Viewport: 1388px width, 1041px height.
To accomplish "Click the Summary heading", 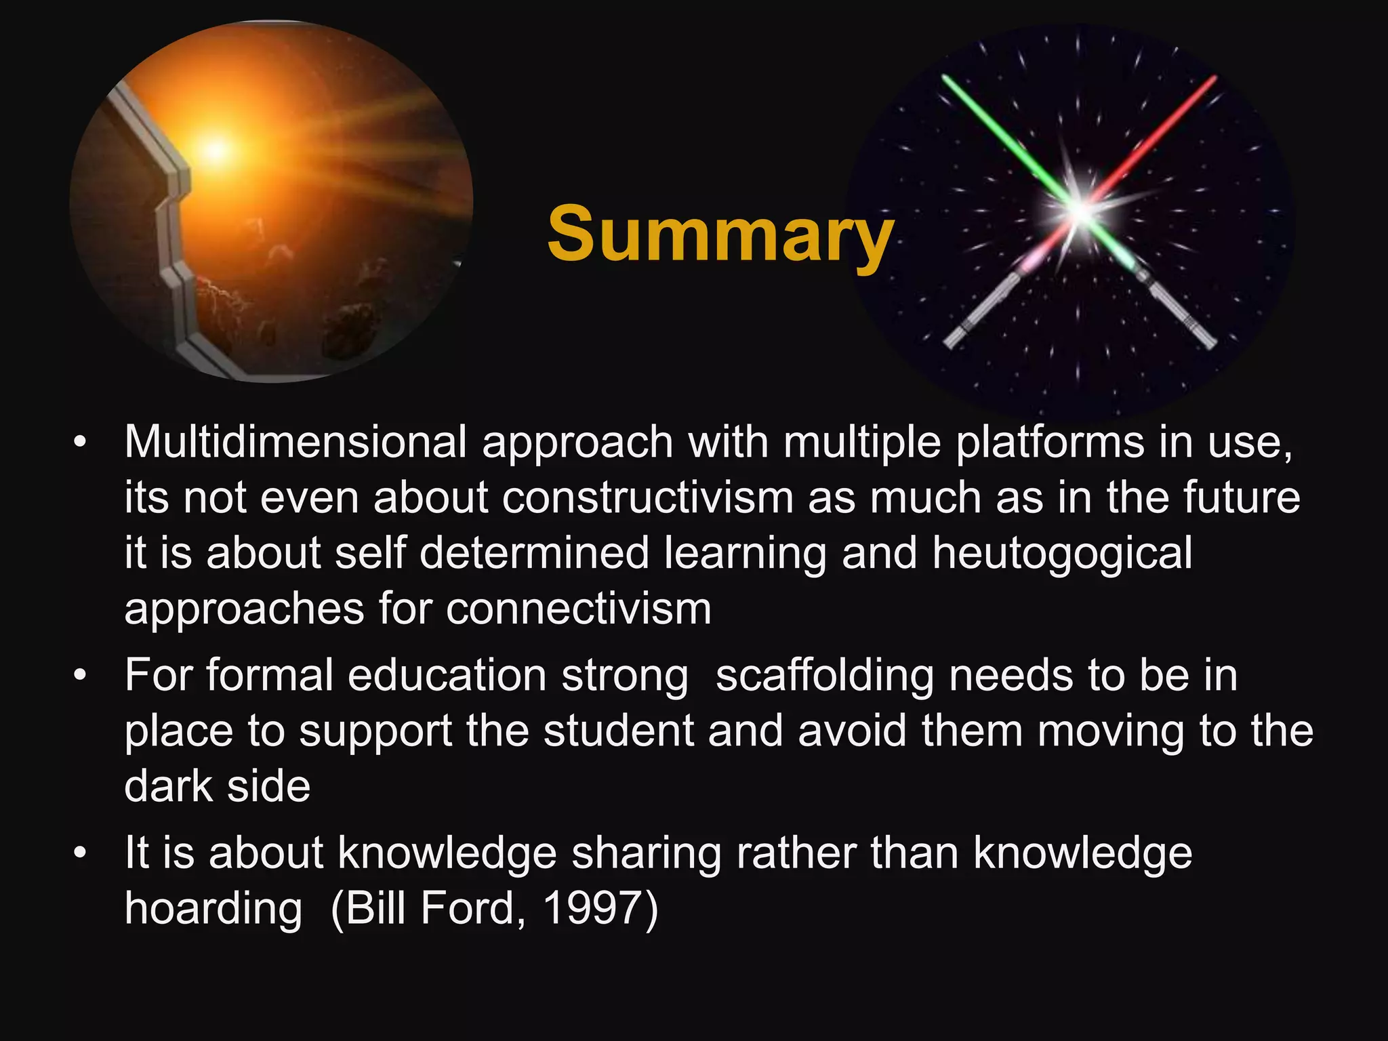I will point(720,234).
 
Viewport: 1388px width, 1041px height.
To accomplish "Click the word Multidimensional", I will point(295,443).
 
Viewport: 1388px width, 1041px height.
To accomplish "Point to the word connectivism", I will point(579,609).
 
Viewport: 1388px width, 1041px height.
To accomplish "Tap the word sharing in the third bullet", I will point(646,853).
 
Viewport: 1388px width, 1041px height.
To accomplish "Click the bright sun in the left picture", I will point(216,150).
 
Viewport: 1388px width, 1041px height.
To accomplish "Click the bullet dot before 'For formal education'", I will point(81,676).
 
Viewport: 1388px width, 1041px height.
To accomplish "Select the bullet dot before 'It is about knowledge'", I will point(81,853).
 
